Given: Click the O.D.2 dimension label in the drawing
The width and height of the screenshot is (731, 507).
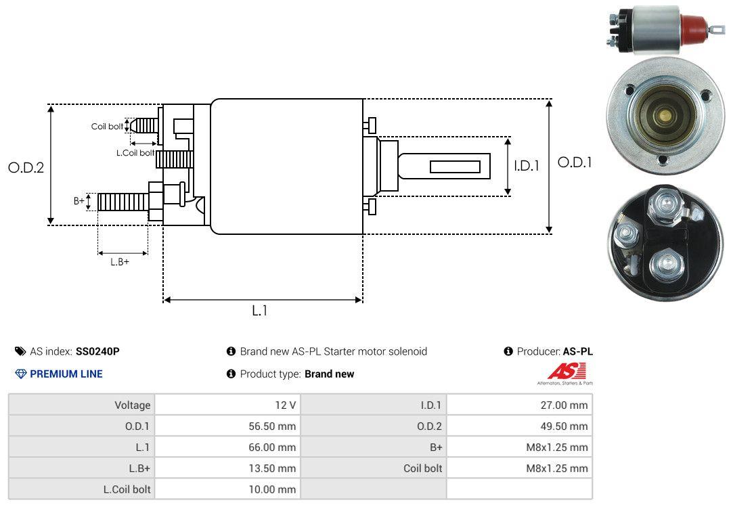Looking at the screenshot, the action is click(x=26, y=167).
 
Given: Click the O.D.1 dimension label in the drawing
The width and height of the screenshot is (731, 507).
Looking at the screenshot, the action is click(x=575, y=162).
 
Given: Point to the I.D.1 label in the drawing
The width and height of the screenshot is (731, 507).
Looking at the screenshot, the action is click(x=527, y=166).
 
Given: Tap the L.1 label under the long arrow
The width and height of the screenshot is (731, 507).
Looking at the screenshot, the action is click(x=260, y=311).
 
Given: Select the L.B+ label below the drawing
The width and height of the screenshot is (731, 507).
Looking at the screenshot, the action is click(x=120, y=262).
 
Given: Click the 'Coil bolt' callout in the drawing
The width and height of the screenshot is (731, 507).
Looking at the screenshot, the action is click(x=107, y=127).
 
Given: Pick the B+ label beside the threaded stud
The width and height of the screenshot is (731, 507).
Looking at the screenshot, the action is click(x=79, y=200).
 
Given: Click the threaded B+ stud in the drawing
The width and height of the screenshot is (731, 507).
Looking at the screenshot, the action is click(x=123, y=202).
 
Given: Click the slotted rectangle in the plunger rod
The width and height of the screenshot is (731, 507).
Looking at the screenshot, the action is click(x=455, y=167).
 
